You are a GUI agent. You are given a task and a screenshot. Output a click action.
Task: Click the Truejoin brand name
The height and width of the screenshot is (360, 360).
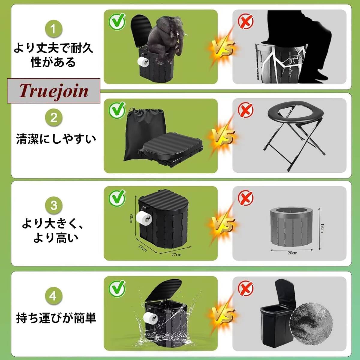54,91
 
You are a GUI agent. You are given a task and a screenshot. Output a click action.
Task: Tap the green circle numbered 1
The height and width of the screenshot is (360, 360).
54,29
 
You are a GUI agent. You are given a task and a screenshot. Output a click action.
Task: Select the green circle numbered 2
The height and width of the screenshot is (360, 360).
54,118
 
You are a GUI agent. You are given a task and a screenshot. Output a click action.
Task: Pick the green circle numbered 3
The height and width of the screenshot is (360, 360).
54,205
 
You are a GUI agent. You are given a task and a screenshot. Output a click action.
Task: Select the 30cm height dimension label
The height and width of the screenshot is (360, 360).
131,218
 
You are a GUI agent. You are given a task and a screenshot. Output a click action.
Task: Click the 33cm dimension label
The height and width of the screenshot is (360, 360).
142,248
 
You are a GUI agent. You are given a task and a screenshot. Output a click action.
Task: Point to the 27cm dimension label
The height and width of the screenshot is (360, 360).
176,255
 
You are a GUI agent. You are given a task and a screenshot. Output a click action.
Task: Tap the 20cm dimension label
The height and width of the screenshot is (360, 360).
292,253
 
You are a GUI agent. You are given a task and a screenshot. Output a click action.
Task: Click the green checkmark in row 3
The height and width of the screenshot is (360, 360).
117,198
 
